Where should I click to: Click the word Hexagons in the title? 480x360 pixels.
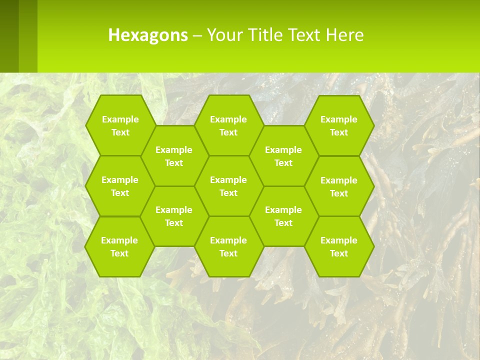pos(148,35)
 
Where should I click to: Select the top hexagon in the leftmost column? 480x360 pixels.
pos(120,125)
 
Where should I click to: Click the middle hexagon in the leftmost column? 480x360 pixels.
pos(120,186)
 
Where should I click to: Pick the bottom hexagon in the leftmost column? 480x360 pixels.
pos(119,246)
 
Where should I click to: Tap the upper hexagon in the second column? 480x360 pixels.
pos(174,156)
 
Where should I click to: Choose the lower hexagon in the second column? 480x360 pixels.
pos(174,216)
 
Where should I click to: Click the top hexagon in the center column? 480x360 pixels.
pos(228,125)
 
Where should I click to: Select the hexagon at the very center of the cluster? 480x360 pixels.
pos(228,186)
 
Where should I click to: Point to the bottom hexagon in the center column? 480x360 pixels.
pos(228,246)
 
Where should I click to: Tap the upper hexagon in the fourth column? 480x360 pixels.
pos(283,156)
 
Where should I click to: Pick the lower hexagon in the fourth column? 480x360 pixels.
pos(283,216)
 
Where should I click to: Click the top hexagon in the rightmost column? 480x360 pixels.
pos(339,125)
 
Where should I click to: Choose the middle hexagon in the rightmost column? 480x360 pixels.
pos(339,186)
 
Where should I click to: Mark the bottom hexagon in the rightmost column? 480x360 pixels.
pos(339,246)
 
